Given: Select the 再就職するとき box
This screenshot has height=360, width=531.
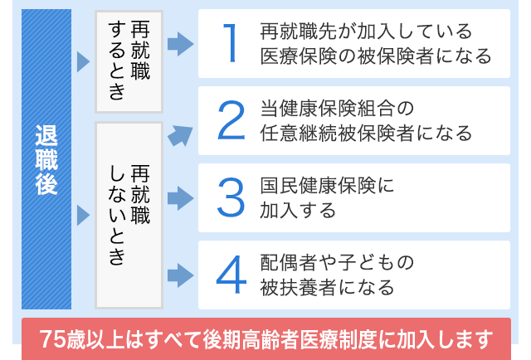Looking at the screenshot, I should point(128,62).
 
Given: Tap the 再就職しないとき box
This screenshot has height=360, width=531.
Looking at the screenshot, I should point(128,215).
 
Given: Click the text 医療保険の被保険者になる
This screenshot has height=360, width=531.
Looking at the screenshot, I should point(375,56).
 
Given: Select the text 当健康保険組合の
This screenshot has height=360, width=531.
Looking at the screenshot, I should point(336,109).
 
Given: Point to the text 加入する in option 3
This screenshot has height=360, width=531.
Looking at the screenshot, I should point(297,210).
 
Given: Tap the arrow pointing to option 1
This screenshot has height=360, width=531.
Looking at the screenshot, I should point(179,44).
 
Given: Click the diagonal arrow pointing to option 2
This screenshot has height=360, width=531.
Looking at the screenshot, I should point(178,134).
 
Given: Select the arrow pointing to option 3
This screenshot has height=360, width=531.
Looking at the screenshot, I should point(179,198).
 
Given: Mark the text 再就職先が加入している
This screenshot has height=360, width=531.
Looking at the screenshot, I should point(366,32).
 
